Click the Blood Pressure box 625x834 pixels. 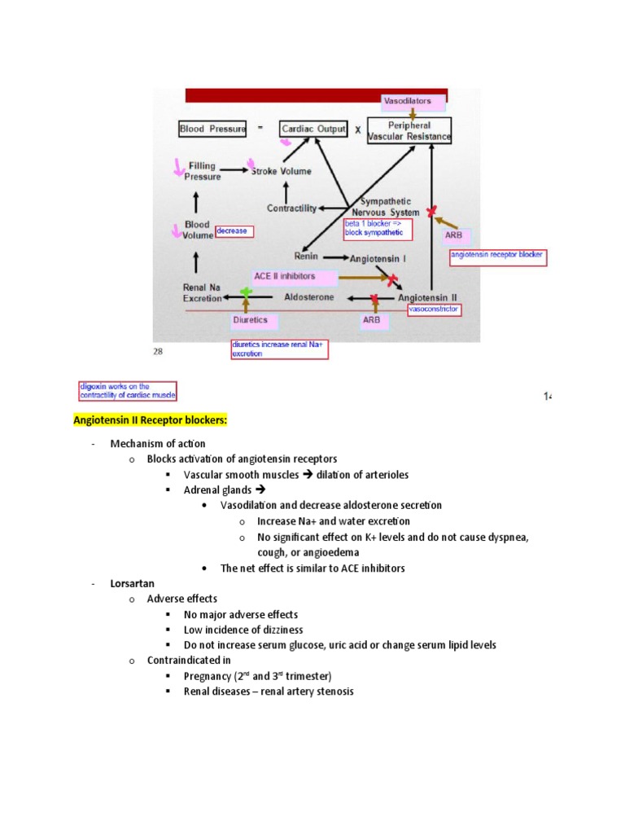pyautogui.click(x=212, y=129)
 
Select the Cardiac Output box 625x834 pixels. pyautogui.click(x=312, y=129)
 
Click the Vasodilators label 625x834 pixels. pyautogui.click(x=413, y=102)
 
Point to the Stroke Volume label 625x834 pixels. pyautogui.click(x=278, y=171)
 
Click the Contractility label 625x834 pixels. pyautogui.click(x=291, y=208)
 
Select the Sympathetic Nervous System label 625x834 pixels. pyautogui.click(x=386, y=207)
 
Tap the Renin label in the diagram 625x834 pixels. pyautogui.click(x=306, y=254)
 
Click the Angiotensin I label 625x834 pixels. pyautogui.click(x=378, y=258)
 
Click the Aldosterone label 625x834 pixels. pyautogui.click(x=308, y=299)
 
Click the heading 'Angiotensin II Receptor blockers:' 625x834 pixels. pyautogui.click(x=151, y=420)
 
